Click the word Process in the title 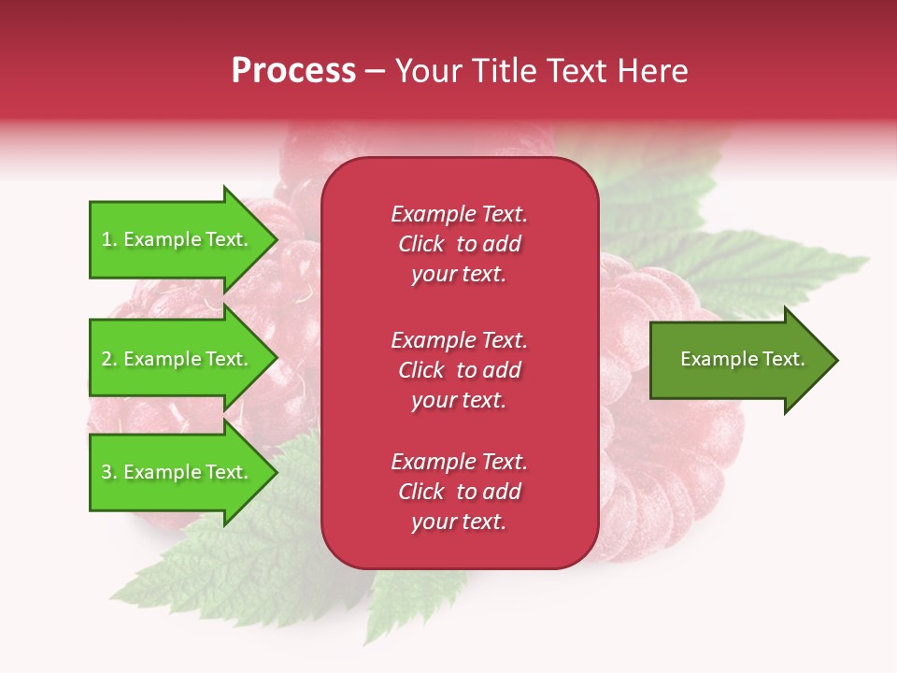click(293, 71)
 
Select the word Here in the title click(654, 71)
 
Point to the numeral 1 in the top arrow click(107, 239)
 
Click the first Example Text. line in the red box click(459, 214)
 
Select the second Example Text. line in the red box click(459, 339)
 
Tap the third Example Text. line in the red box click(459, 462)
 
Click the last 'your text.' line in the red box click(459, 523)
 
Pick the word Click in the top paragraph click(421, 244)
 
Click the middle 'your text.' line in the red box click(459, 400)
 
